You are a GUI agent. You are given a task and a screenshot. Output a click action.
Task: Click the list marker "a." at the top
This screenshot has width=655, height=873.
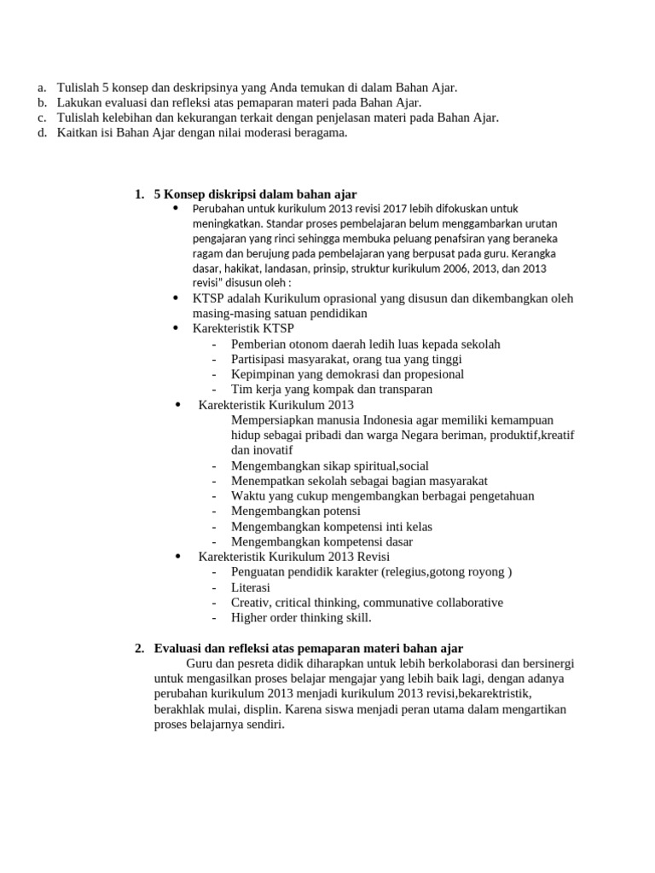point(42,88)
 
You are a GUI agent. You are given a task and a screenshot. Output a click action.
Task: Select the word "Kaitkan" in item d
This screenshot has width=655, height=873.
point(77,132)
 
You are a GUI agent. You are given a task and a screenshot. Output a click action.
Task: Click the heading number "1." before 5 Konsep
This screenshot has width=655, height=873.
point(139,194)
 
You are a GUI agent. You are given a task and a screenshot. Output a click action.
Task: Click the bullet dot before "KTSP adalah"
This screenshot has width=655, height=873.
point(176,298)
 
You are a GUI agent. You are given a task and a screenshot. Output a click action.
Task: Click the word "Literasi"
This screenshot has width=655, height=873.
point(251,587)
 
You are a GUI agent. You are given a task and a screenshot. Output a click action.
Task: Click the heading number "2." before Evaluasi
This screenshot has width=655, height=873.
point(139,649)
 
